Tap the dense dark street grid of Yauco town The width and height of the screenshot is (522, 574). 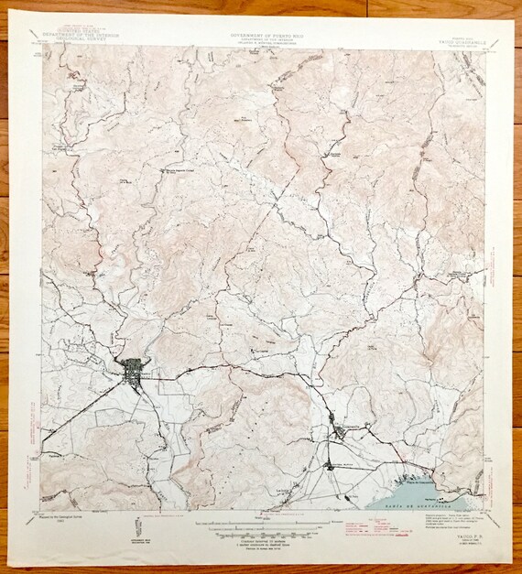coord(140,371)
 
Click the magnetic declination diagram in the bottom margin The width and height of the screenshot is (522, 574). coord(139,527)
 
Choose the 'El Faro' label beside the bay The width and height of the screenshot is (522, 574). coord(353,495)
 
